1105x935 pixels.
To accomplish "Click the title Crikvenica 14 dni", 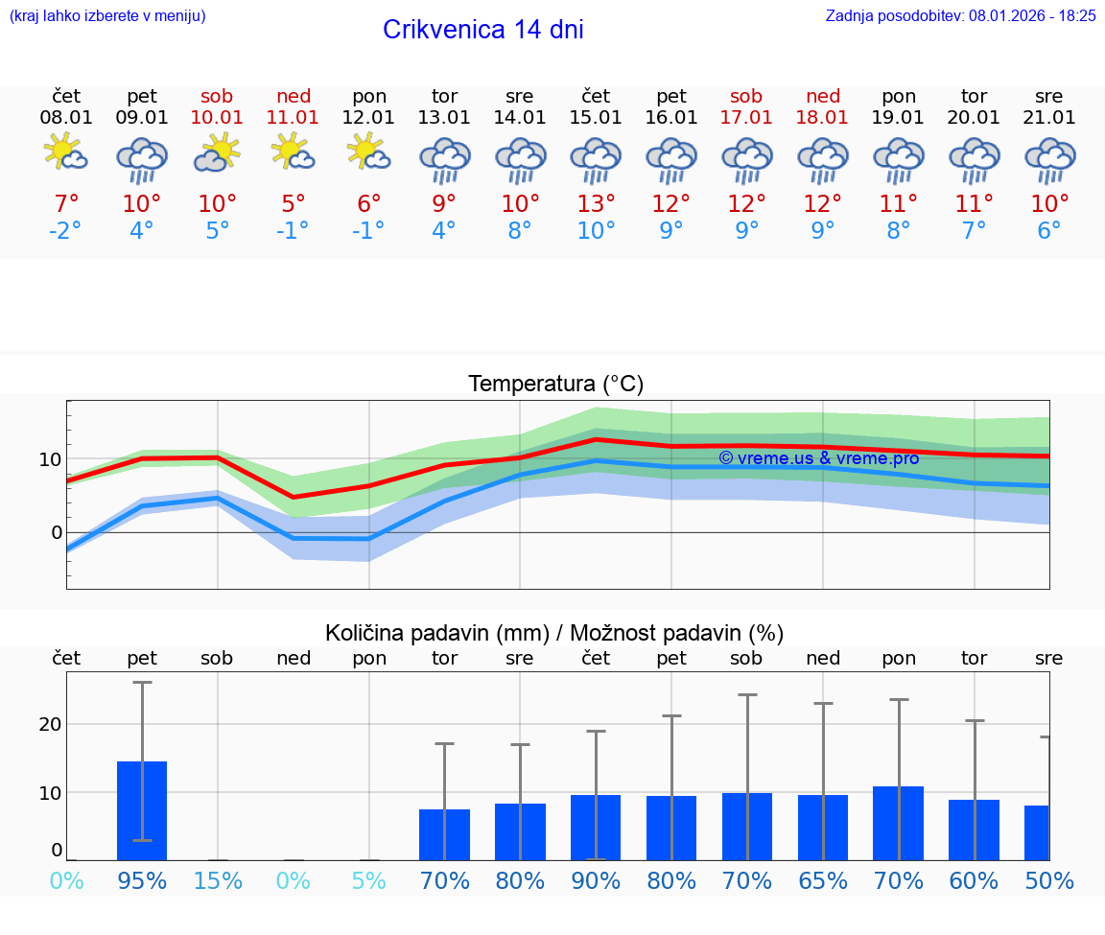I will (482, 30).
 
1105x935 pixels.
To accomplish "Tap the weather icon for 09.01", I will (142, 159).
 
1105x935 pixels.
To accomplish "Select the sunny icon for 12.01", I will (369, 152).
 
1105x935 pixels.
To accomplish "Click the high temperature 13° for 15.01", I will (596, 203).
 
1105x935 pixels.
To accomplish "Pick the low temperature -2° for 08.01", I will (66, 231).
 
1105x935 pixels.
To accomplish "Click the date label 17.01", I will (746, 117).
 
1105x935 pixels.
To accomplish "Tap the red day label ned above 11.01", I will (294, 96).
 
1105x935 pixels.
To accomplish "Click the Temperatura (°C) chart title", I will (555, 385).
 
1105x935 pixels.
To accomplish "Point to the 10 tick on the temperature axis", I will (50, 459).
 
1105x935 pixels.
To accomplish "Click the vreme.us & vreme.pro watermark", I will (818, 458).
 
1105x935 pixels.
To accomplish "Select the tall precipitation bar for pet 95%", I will (142, 810).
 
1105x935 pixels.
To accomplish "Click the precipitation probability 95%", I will (142, 880).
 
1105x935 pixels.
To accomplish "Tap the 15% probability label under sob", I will (218, 880).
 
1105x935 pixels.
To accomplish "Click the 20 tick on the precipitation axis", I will (50, 724).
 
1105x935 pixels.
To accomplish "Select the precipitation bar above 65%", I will (823, 828).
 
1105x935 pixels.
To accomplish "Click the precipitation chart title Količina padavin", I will (554, 633).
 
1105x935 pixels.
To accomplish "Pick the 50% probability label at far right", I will (1048, 880).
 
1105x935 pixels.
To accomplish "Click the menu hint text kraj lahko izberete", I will (106, 15).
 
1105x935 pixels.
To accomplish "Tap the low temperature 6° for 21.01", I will (1049, 231).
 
